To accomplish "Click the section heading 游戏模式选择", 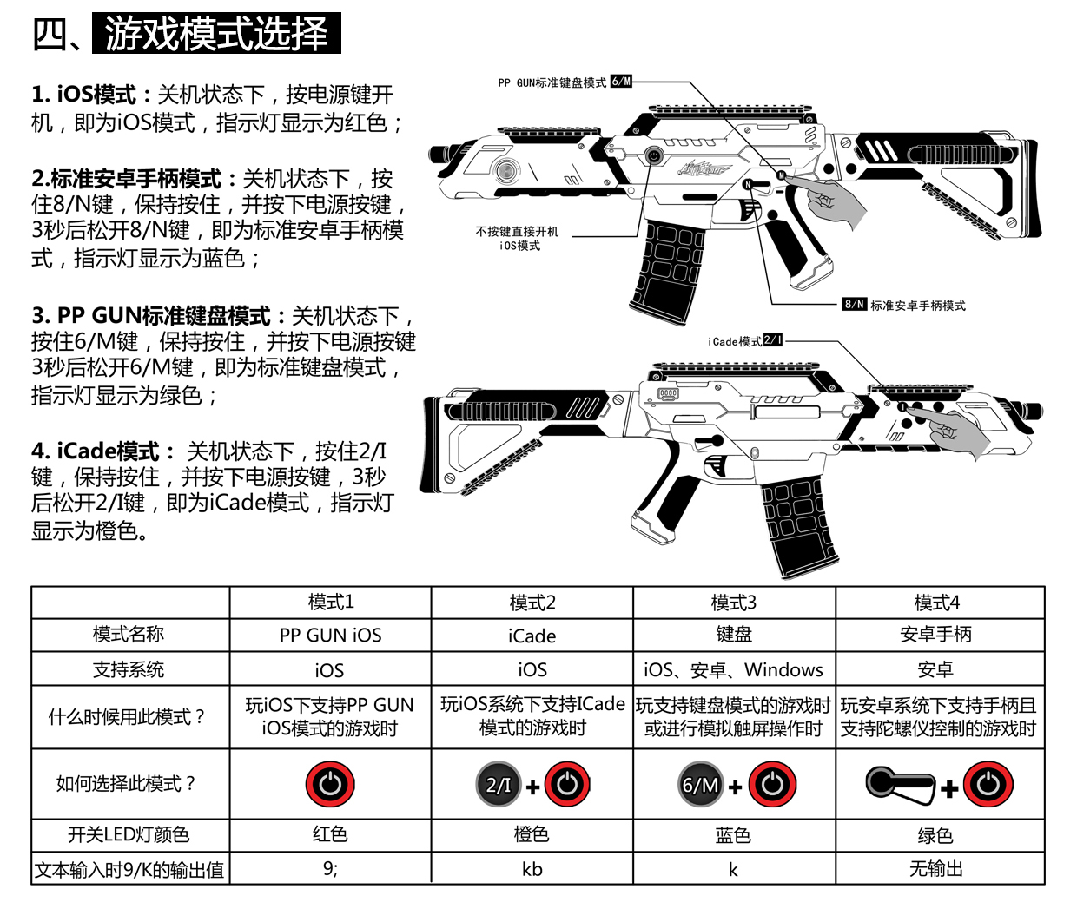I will [215, 34].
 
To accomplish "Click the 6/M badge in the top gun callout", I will [621, 82].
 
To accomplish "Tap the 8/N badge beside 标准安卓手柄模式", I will [855, 305].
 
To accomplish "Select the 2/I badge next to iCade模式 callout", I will [773, 340].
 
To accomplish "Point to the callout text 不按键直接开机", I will [518, 232].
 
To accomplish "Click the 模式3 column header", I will [734, 603].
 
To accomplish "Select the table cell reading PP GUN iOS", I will [330, 636].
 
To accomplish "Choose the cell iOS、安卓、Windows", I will [734, 670].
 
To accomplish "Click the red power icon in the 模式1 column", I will [330, 785].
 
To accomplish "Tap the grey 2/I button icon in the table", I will [498, 785].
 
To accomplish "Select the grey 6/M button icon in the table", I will [701, 785].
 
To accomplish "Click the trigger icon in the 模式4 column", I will [899, 784].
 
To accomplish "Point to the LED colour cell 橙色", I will [532, 835].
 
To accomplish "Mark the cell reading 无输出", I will [936, 869].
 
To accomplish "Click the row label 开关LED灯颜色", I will [129, 835].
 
